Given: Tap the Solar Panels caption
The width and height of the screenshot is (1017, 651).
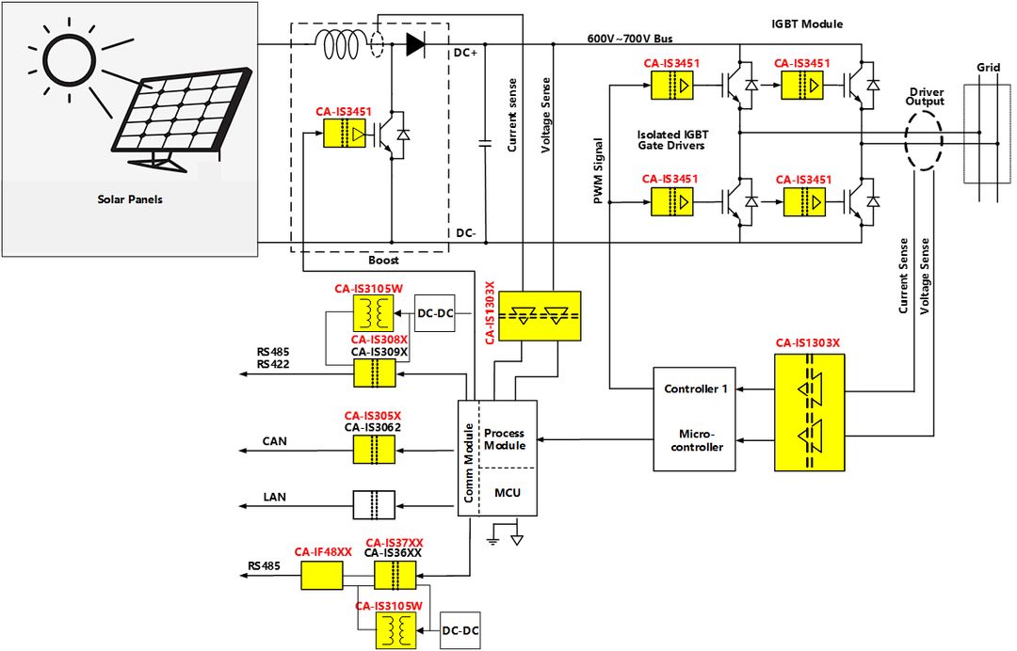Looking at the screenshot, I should (x=129, y=199).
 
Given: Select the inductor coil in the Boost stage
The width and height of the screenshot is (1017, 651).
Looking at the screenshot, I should (x=341, y=44).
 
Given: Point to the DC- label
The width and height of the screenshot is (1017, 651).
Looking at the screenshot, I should (x=465, y=231).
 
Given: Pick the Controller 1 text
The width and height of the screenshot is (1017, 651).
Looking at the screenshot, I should (x=695, y=389).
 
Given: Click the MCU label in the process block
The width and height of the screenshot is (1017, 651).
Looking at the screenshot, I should (x=507, y=492).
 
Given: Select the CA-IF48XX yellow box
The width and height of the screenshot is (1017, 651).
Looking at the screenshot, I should (x=322, y=575).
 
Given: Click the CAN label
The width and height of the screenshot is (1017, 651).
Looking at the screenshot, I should (x=274, y=440).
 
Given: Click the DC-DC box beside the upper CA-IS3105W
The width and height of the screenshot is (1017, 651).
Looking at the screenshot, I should (x=435, y=312).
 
